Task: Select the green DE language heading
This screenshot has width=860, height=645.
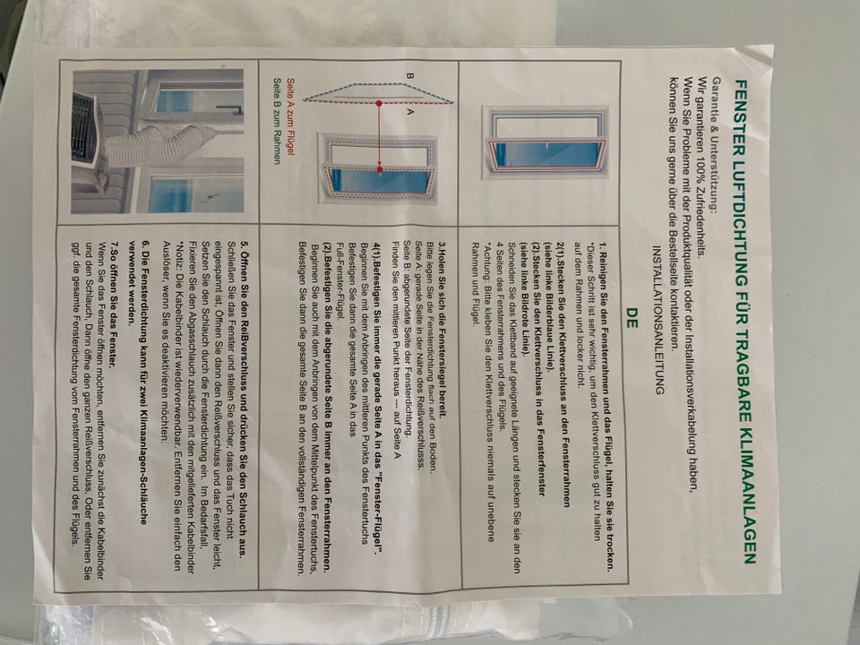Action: point(632,317)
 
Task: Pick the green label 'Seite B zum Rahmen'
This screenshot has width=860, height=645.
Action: point(277,121)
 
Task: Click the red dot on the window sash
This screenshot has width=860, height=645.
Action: point(380,170)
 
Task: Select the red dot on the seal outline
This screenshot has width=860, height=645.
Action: point(379,103)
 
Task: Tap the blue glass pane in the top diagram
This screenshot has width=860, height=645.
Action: point(548,155)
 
